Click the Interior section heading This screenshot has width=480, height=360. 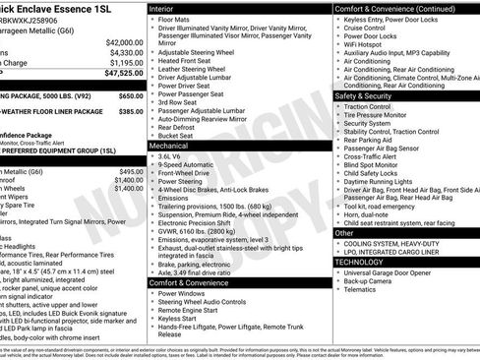168,7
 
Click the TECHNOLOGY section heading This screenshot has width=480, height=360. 361,262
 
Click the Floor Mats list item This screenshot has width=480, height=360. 176,19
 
